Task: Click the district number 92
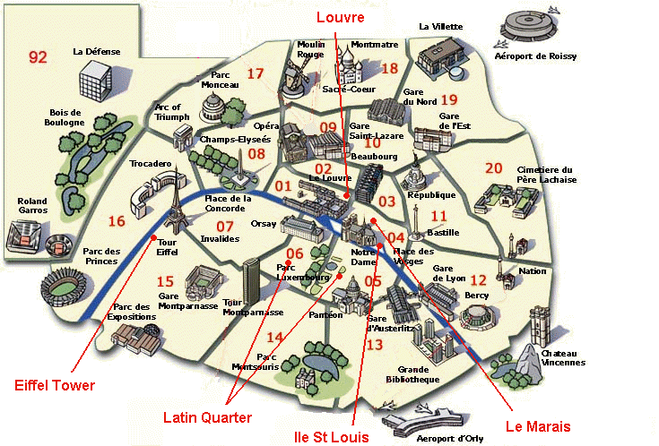[x=37, y=57]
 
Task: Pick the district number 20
[x=494, y=167]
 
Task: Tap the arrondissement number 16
[x=116, y=221]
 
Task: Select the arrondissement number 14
[x=275, y=337]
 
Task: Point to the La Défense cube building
[x=95, y=82]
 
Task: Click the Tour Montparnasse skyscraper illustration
[x=254, y=280]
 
